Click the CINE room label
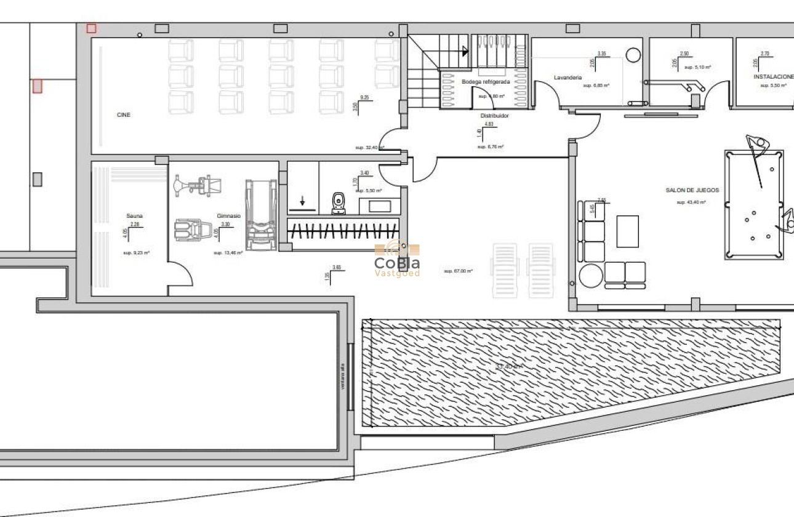[124, 115]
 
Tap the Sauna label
[134, 215]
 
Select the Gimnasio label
[228, 216]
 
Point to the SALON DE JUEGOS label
[692, 190]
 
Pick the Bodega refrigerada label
[486, 81]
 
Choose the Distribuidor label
[494, 115]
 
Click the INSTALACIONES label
[774, 77]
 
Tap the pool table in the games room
[754, 204]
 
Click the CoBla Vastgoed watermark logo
[398, 259]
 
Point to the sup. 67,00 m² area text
[459, 271]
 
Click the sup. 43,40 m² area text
[691, 202]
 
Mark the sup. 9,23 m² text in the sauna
[137, 253]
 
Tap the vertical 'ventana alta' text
[342, 377]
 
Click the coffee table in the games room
[627, 231]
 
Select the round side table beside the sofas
[589, 275]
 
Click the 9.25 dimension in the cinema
[364, 97]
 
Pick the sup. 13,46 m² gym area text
[228, 253]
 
